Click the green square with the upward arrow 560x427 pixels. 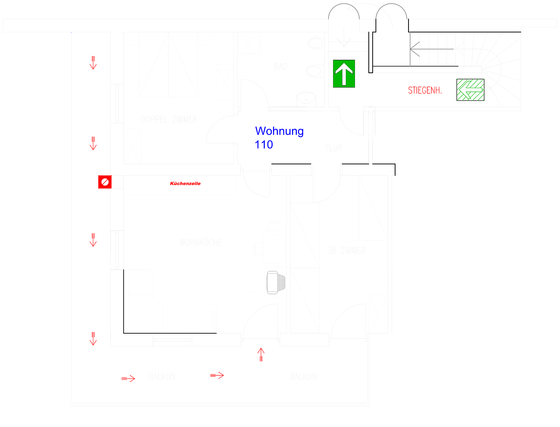pyautogui.click(x=344, y=74)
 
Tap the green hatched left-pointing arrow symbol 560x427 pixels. pyautogui.click(x=470, y=90)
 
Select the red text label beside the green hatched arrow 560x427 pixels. pyautogui.click(x=425, y=90)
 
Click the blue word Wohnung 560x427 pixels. pyautogui.click(x=279, y=131)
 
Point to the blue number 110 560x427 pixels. pyautogui.click(x=264, y=145)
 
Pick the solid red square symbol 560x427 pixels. pyautogui.click(x=105, y=182)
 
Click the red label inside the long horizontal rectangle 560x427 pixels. pyautogui.click(x=185, y=183)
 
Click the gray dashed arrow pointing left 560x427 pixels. pyautogui.click(x=432, y=49)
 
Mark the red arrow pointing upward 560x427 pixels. pyautogui.click(x=261, y=354)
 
